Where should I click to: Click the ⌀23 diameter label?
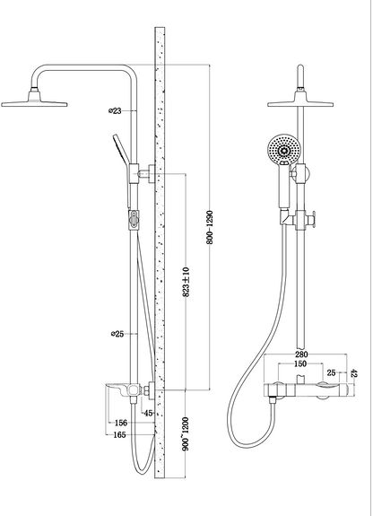115,111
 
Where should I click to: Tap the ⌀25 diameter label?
117,334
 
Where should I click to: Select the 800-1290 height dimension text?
210,227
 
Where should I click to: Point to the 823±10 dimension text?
186,282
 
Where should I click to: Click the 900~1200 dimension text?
186,433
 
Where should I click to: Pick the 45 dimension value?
149,413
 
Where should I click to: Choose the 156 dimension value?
121,423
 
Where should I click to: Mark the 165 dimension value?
119,434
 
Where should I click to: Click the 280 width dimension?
301,354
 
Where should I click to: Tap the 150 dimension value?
300,363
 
